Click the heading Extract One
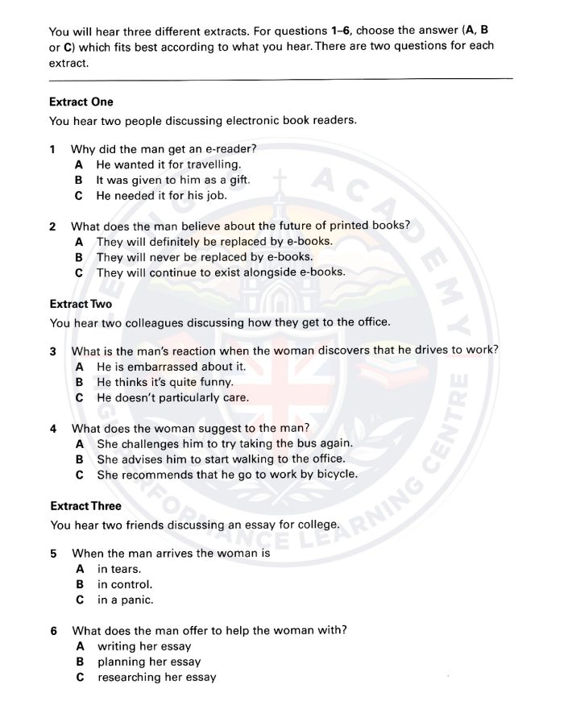point(81,102)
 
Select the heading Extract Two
point(81,304)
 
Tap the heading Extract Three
point(85,506)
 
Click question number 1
point(52,149)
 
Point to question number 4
point(52,428)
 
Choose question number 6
point(52,630)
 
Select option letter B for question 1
point(79,180)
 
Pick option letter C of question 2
point(79,272)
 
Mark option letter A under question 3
point(80,366)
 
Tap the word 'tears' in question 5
point(126,569)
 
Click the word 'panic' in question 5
point(135,600)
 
